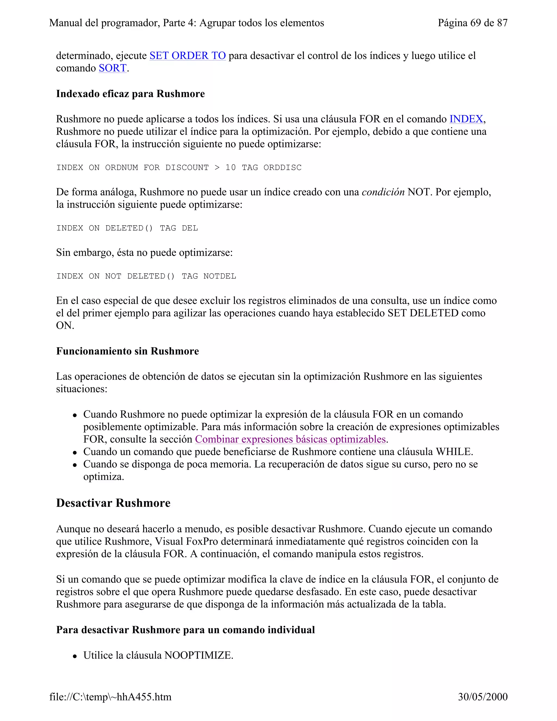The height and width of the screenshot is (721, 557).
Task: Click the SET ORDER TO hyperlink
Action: click(187, 56)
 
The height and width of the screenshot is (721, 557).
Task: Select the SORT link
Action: click(113, 68)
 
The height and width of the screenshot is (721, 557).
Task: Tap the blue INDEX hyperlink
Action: click(466, 119)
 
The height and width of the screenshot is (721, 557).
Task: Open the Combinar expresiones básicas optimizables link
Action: click(290, 439)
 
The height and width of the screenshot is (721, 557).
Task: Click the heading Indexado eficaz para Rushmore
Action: click(130, 94)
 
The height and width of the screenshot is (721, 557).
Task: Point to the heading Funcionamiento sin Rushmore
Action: click(127, 351)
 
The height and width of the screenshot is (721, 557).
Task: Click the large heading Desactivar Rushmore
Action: click(113, 503)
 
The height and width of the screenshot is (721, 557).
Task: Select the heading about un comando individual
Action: click(185, 630)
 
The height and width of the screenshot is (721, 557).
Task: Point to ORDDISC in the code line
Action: click(283, 168)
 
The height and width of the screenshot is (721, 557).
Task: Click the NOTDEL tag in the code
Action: click(220, 276)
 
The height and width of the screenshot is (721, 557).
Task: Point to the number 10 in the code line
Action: click(231, 168)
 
